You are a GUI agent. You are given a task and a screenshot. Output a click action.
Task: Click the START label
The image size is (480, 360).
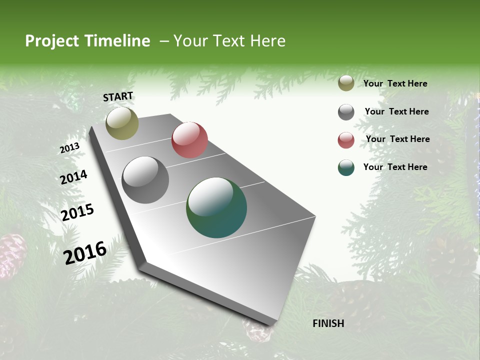tap(118, 96)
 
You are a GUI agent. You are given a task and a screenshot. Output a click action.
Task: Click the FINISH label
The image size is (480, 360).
tap(328, 323)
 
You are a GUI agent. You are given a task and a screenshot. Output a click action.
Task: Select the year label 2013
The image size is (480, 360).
tap(69, 148)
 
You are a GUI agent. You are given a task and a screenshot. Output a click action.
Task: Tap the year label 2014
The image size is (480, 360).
tap(73, 177)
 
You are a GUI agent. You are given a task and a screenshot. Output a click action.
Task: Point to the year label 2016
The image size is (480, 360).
tap(85, 253)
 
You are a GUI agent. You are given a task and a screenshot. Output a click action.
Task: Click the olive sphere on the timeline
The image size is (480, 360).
tap(122, 123)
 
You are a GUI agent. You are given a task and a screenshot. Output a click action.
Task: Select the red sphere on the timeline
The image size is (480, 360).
tap(189, 140)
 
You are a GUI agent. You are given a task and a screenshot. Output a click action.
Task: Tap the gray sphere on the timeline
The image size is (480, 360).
tap(145, 180)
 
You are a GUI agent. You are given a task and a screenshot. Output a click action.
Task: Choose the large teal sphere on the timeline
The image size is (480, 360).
tap(216, 207)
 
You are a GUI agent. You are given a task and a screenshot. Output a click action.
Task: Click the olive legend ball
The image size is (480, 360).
tap(346, 83)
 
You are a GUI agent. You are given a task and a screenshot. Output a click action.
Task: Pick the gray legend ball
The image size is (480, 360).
tap(346, 112)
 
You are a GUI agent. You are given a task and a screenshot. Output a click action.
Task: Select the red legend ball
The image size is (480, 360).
tap(346, 140)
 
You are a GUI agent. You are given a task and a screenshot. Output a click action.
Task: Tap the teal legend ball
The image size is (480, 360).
tap(346, 167)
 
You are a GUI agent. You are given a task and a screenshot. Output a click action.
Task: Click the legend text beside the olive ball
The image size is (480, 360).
tap(395, 83)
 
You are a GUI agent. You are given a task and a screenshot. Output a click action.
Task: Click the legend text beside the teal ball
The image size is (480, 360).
tap(395, 167)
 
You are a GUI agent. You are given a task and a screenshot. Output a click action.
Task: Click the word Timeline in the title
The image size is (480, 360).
tap(117, 41)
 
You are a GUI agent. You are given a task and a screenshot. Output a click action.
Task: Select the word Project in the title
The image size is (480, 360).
tap(51, 41)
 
